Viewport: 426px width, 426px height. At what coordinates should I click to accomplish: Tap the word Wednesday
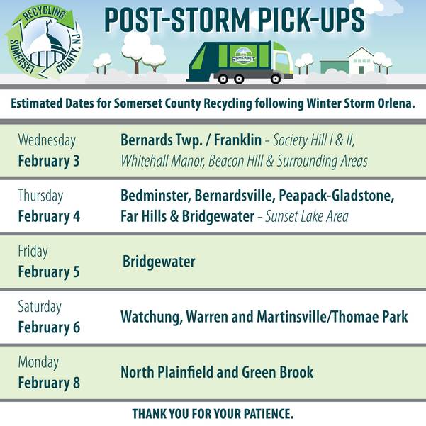47,140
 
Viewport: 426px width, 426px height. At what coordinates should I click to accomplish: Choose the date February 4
49,215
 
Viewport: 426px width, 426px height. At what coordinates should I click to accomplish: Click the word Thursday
40,195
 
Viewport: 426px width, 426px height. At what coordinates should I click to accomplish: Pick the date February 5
49,271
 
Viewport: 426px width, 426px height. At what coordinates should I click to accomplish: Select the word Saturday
40,307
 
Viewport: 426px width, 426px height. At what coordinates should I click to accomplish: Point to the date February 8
49,383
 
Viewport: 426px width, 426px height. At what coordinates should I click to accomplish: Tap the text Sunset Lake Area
307,216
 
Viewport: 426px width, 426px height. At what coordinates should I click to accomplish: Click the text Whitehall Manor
162,161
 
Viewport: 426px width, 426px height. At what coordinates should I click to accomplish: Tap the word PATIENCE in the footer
262,413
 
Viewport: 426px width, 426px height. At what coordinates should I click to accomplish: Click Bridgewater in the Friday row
159,262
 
